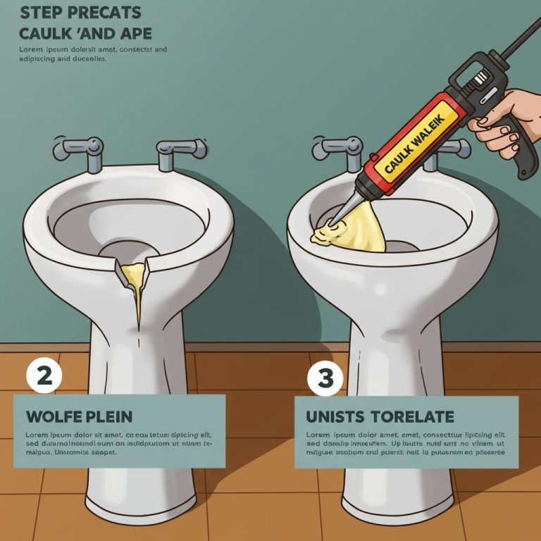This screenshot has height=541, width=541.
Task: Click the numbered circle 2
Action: click(44, 375)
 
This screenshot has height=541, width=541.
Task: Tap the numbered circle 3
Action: click(325, 377)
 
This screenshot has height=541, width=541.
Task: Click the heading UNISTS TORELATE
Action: click(380, 416)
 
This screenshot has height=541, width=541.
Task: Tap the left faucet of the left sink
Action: click(79, 149)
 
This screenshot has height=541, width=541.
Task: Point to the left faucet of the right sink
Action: click(337, 149)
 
